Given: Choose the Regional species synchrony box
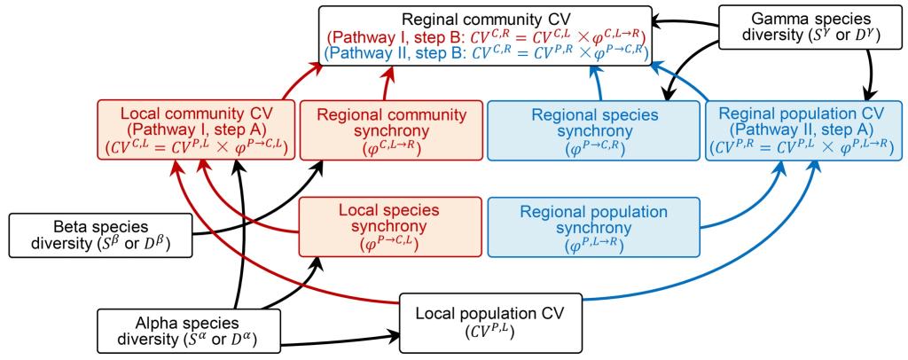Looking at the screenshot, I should [595, 132].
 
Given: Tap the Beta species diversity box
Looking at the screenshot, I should [99, 235].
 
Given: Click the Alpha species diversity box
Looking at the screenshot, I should [188, 329].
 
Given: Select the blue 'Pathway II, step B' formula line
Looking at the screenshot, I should [487, 54].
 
